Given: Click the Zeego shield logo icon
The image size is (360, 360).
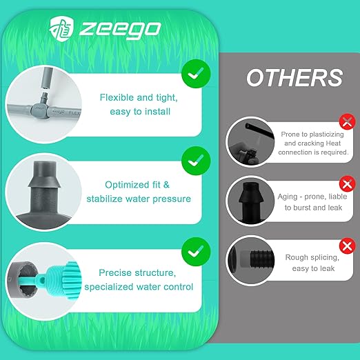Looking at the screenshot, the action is click(61, 29).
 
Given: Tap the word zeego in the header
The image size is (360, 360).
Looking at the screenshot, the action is click(120, 30).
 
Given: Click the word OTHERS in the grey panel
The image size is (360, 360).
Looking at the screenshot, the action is click(294, 78).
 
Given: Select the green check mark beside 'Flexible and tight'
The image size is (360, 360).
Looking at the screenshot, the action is click(196, 74).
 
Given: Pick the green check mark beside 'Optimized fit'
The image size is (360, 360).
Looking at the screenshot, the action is click(196, 161).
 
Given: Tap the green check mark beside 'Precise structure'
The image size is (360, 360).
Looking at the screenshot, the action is click(196, 252).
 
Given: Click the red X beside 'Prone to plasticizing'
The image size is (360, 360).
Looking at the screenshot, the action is click(348, 121).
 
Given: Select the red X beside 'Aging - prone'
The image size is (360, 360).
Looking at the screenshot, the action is click(348, 183).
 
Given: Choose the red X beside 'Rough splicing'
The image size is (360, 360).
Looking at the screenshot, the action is click(348, 246).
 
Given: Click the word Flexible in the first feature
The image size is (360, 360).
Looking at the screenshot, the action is click(117, 97).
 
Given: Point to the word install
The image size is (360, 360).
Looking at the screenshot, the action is click(158, 112).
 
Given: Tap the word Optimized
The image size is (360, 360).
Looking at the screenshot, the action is click(127, 185).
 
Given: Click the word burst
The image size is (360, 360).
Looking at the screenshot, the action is click(302, 208).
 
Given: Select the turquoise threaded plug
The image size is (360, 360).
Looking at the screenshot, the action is click(61, 279).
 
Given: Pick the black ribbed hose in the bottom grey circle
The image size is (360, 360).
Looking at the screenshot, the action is click(262, 259).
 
